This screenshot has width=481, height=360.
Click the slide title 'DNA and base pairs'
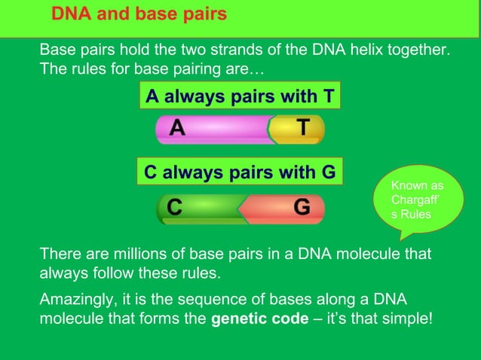[139, 15]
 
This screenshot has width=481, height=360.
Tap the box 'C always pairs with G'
[240, 172]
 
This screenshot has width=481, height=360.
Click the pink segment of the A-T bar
[219, 130]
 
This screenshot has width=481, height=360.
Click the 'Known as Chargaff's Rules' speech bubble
[416, 200]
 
